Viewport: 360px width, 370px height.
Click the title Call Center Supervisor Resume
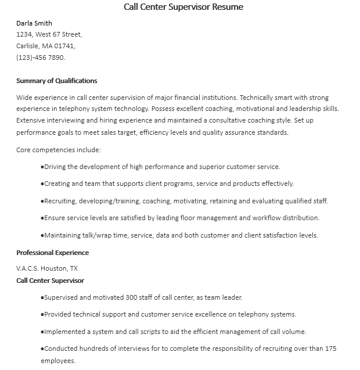(183, 8)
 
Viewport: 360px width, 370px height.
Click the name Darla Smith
(34, 24)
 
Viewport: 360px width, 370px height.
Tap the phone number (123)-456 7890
(41, 58)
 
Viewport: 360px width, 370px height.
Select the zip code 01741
(65, 46)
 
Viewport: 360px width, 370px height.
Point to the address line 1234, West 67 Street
(49, 35)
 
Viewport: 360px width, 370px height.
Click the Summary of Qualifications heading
(57, 81)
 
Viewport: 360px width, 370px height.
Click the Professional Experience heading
(53, 253)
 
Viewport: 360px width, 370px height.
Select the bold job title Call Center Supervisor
(50, 281)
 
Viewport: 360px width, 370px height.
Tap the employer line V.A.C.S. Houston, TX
(47, 268)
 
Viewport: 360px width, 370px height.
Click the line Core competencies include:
(59, 150)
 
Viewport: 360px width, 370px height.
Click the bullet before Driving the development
(42, 167)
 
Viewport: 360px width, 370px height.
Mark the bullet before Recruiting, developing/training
(42, 202)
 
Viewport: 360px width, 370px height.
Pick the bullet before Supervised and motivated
(42, 298)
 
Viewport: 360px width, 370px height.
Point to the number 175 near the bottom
(330, 349)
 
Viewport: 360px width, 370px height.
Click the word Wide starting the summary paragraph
(25, 98)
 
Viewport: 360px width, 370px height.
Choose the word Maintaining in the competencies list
(64, 235)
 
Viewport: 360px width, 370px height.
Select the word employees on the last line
(58, 361)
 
